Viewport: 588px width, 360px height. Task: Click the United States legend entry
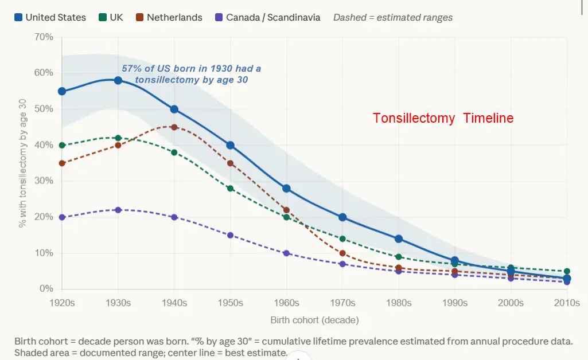point(50,17)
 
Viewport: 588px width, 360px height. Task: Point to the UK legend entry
point(110,17)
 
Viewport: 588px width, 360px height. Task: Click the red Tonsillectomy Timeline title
point(443,118)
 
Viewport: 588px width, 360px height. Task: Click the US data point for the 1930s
point(118,80)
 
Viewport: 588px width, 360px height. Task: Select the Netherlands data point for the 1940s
point(174,127)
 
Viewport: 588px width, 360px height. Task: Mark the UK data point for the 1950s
point(231,188)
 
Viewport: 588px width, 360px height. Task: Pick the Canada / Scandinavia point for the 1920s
point(62,217)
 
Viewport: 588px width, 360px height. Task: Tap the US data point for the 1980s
point(399,238)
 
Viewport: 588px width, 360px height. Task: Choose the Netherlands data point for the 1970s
point(342,253)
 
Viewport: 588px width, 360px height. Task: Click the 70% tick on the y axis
point(44,37)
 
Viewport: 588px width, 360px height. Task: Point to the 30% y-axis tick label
point(44,181)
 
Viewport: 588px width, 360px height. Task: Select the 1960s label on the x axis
point(286,303)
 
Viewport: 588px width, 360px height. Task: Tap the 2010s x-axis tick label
point(567,303)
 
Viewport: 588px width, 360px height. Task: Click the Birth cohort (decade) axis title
point(315,320)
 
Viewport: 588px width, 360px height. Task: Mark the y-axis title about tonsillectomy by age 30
point(23,163)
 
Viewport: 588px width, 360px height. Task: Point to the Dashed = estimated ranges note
point(393,17)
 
